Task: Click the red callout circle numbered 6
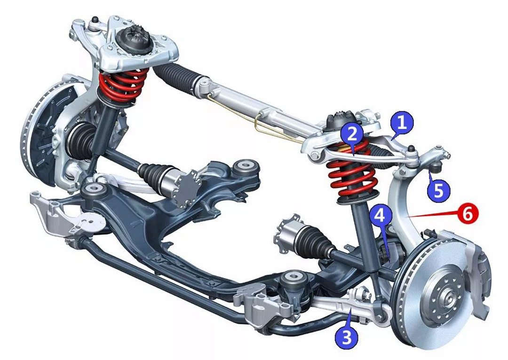468,214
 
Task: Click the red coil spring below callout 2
352,172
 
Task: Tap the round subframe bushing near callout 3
293,280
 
